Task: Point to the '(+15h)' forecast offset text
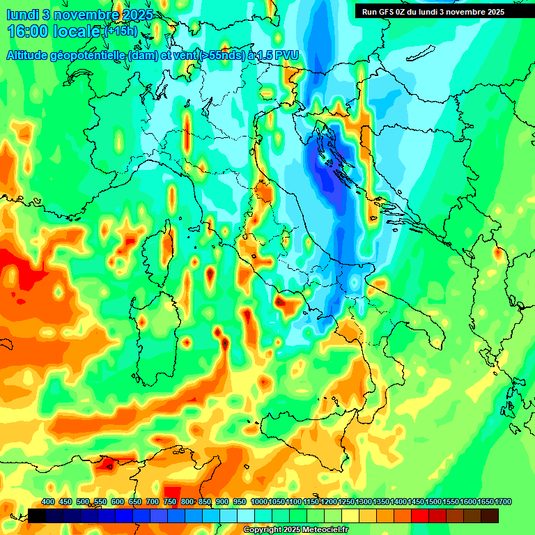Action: (120, 31)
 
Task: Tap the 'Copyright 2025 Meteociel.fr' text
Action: (295, 530)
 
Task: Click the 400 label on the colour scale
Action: (48, 502)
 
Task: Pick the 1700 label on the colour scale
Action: (503, 502)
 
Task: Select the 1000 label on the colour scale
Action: (259, 502)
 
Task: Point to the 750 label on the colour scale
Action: (170, 502)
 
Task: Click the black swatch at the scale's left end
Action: (37, 515)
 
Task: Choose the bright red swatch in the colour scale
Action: (420, 515)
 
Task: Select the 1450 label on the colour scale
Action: (416, 502)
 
